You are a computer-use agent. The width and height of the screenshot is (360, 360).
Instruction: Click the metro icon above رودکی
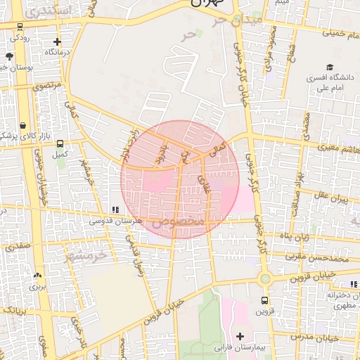tap(19, 26)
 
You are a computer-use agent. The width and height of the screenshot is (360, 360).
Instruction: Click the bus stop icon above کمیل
tap(60, 143)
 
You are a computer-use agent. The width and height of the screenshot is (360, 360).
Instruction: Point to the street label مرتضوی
tap(48, 85)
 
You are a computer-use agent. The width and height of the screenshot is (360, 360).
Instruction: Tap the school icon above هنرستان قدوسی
tap(114, 210)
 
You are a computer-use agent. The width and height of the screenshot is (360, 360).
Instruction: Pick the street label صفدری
tap(17, 247)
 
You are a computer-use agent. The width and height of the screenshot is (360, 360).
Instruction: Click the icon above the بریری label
tap(37, 275)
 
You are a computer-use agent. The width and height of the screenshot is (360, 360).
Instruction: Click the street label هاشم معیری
tap(337, 150)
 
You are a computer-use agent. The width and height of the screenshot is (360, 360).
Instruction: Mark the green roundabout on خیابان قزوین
tap(264, 278)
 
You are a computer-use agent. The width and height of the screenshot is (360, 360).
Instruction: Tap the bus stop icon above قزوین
tap(261, 300)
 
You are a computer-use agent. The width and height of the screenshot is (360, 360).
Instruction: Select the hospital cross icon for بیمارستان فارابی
tap(241, 336)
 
